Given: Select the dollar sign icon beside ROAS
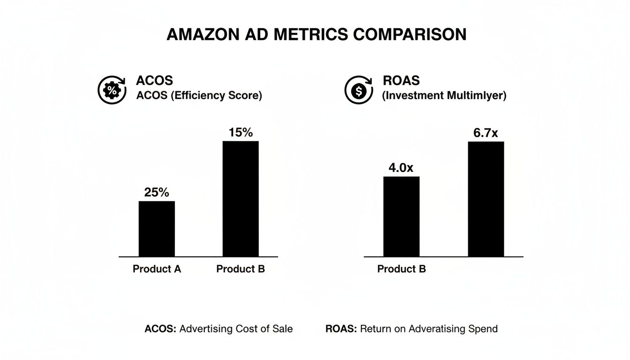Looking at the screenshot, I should [x=359, y=90].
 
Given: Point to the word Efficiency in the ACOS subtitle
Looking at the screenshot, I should [x=197, y=95].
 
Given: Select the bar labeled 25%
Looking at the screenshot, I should [x=157, y=229].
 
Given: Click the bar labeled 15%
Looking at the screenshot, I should [x=240, y=199].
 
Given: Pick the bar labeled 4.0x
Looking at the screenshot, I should [x=401, y=217].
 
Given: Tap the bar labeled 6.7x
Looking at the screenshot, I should [x=486, y=199].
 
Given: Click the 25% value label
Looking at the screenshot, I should [x=157, y=192].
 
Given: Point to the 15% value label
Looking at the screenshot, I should [x=240, y=132].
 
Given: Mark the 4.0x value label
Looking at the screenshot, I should [x=401, y=168].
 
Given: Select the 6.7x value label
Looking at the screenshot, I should [x=486, y=133].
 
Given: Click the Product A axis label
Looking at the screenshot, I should [x=157, y=269].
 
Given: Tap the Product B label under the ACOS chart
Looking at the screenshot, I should [x=240, y=269].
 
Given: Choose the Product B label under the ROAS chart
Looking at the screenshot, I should [x=401, y=269].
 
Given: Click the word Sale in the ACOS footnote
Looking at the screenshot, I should [x=282, y=329].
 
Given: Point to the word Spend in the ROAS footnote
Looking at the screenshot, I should [x=483, y=329].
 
